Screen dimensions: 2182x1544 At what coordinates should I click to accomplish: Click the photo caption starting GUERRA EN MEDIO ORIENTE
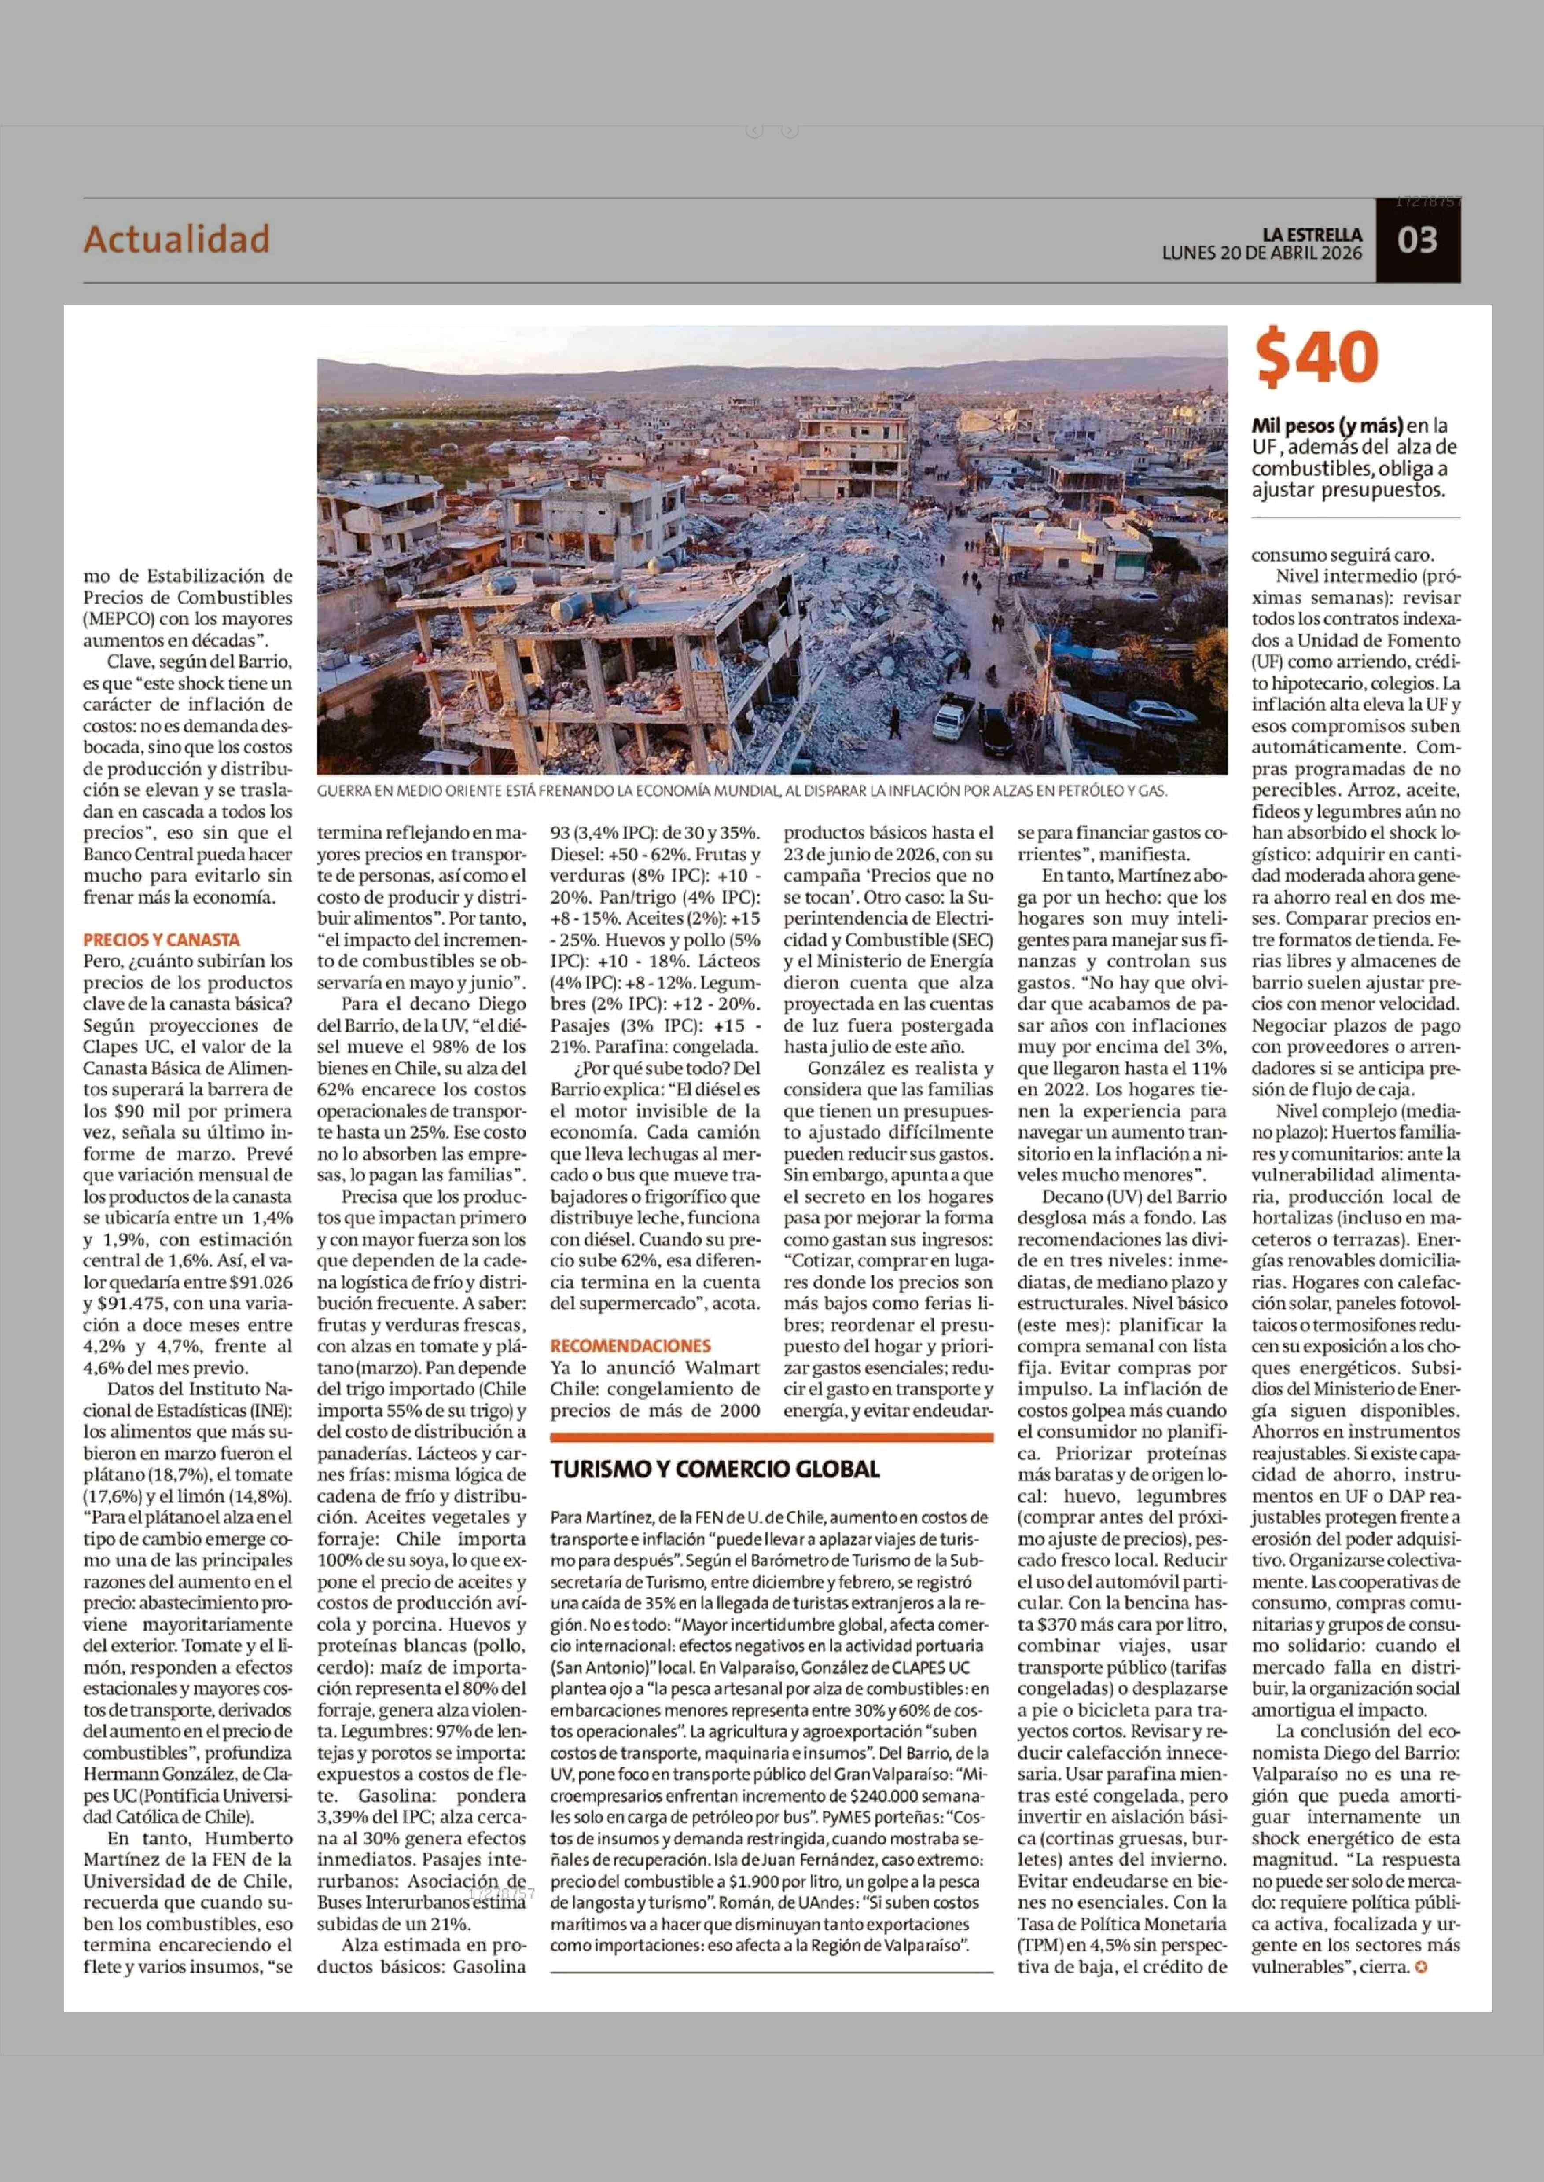pos(742,790)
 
